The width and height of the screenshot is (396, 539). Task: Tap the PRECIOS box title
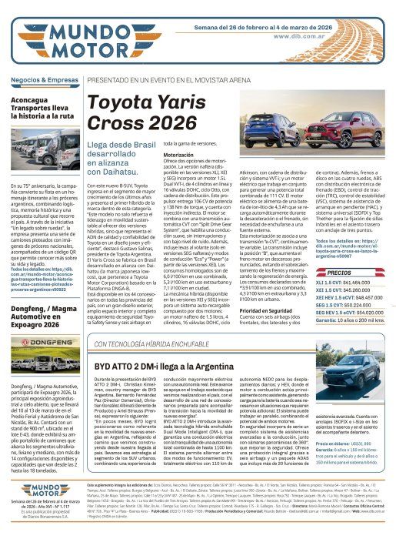coord(339,273)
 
